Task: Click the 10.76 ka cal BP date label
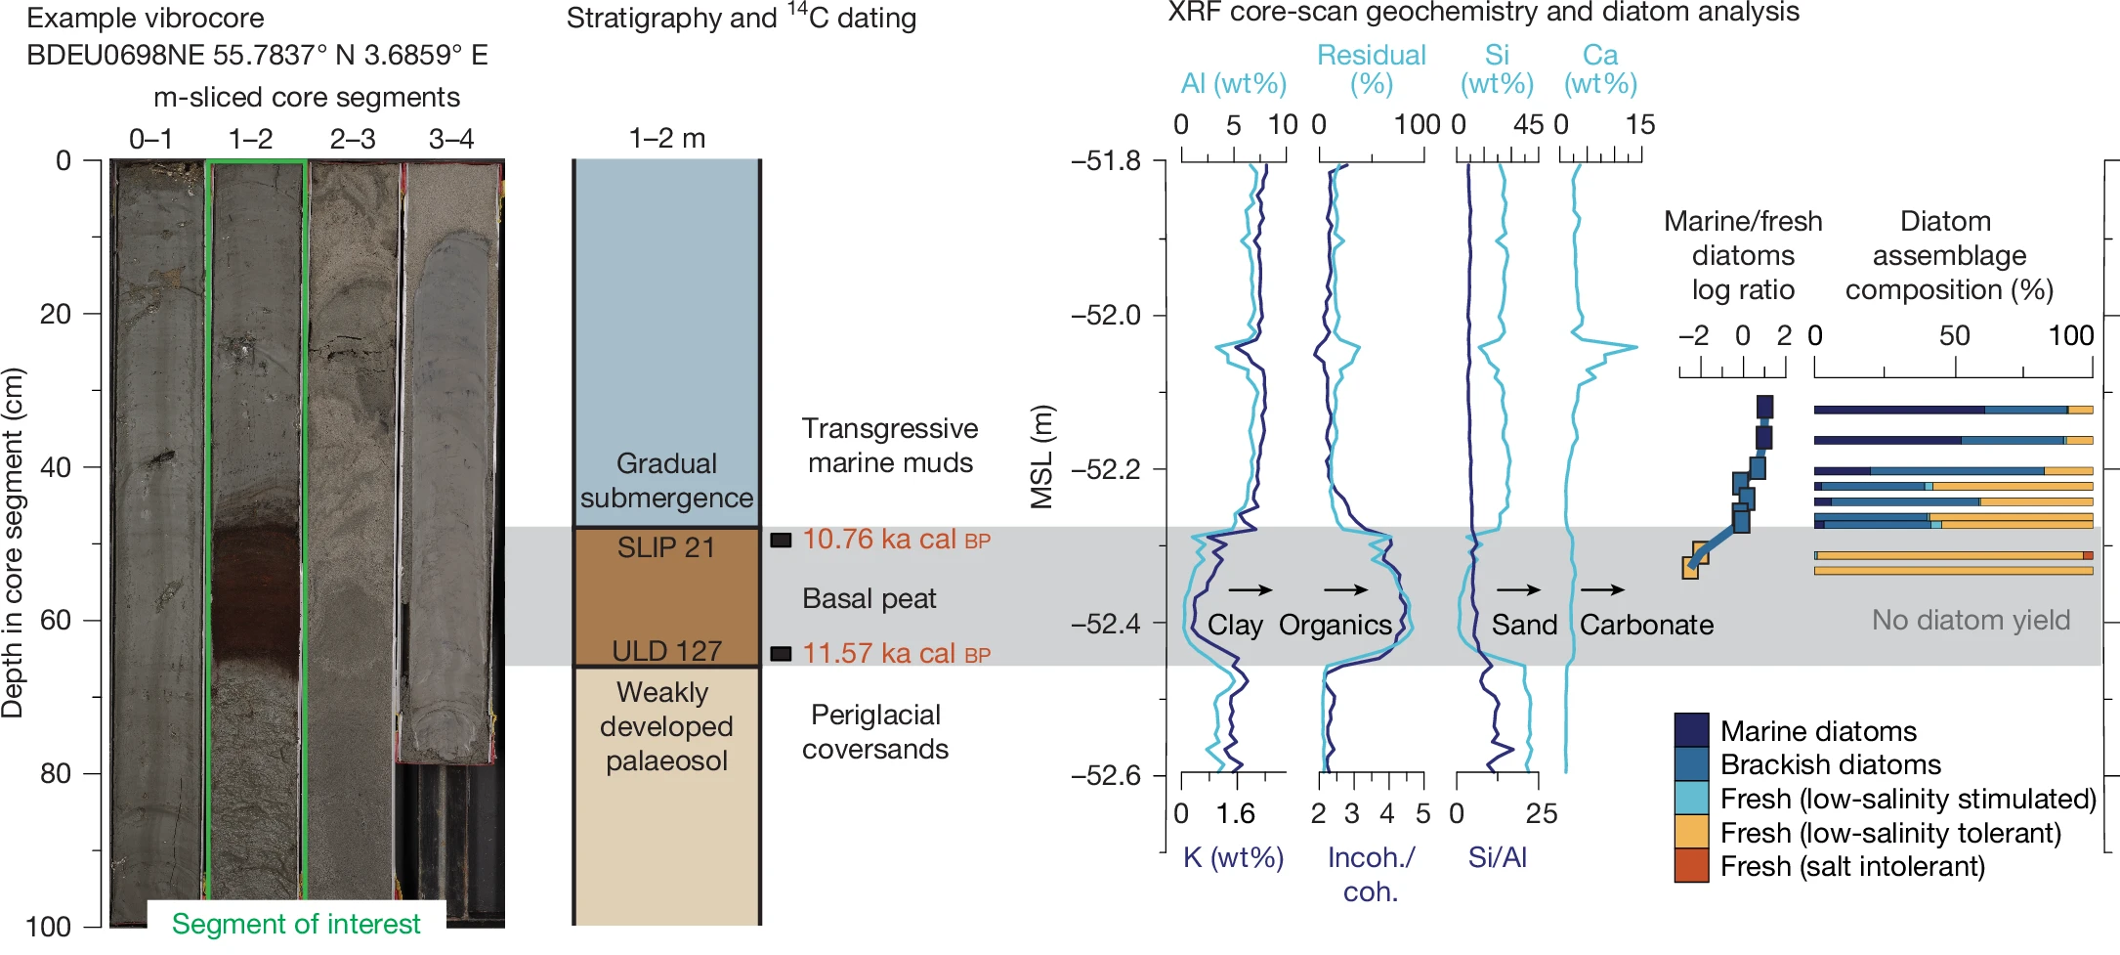point(896,540)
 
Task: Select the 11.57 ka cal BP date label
point(896,654)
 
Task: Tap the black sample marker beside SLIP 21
point(781,540)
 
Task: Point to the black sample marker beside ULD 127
point(781,654)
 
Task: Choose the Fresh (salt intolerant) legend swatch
point(1691,866)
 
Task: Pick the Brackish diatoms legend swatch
point(1691,764)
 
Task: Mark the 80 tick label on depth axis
point(56,774)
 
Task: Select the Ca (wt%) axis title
point(1600,69)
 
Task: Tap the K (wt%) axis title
point(1233,857)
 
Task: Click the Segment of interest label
point(296,924)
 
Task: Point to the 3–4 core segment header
point(451,139)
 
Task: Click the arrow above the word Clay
point(1250,589)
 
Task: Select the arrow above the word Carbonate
point(1602,589)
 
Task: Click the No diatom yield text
point(1971,620)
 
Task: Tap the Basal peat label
point(869,598)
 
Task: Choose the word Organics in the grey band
point(1335,625)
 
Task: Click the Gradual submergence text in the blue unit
point(666,480)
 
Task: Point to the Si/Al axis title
point(1497,857)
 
